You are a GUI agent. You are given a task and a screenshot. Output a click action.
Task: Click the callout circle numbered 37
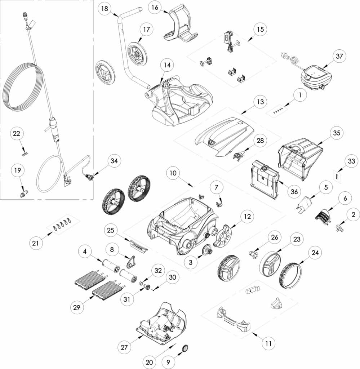[x=339, y=56]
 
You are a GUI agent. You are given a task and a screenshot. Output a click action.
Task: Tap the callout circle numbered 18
[x=105, y=9]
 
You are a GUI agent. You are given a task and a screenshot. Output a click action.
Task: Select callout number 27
[x=124, y=347]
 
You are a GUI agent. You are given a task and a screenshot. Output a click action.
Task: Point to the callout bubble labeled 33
[x=351, y=161]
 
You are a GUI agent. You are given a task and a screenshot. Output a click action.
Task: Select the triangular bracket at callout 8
[x=130, y=262]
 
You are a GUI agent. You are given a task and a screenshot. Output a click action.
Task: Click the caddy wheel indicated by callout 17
[x=138, y=53]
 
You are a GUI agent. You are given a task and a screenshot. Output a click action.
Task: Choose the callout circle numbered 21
[x=36, y=243]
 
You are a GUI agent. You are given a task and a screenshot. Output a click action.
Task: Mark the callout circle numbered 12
[x=247, y=217]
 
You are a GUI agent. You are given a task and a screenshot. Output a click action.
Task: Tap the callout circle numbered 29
[x=76, y=307]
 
